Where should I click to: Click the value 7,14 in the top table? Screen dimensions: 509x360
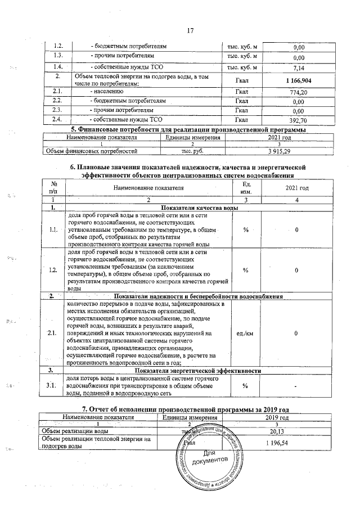[299, 68]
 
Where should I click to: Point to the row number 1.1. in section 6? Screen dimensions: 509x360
[53, 229]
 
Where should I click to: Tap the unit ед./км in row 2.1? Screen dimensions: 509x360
[246, 334]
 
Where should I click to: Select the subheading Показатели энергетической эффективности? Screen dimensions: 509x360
[197, 371]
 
